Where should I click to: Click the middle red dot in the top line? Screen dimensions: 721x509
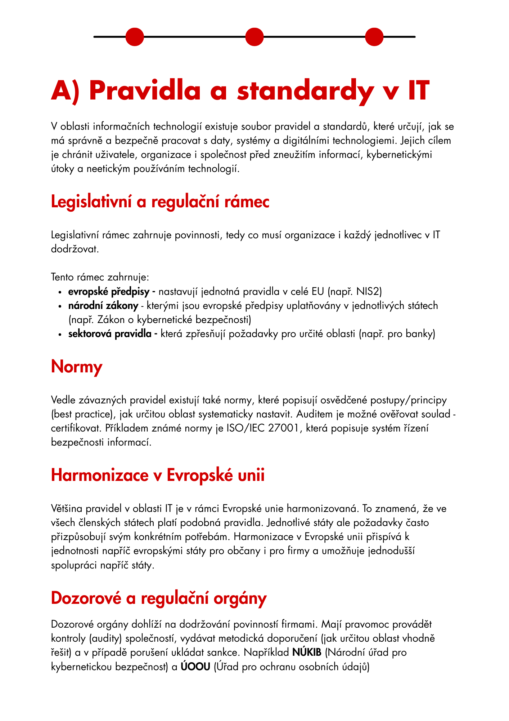[x=254, y=37]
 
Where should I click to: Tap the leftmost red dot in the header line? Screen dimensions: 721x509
[x=135, y=37]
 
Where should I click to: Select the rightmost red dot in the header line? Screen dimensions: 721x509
[x=374, y=37]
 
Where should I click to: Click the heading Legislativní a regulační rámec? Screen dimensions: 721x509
[x=160, y=202]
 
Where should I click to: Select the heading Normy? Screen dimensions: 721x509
[x=77, y=367]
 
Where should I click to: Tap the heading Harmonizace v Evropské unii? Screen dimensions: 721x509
[x=158, y=475]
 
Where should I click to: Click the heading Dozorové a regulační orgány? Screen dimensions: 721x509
[x=159, y=598]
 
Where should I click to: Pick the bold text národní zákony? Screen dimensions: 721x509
[x=103, y=306]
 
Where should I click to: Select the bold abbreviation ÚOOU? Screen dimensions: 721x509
[x=195, y=667]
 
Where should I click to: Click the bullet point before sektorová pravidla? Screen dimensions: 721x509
[x=60, y=334]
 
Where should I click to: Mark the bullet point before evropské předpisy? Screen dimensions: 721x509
[x=60, y=292]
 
